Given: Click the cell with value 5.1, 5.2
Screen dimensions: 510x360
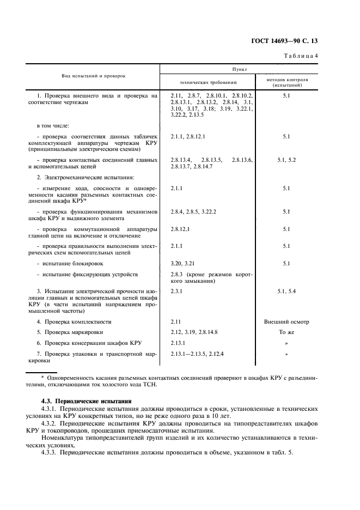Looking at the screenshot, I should tap(286, 160).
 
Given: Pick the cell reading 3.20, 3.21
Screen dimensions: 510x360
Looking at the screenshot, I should tap(182, 263).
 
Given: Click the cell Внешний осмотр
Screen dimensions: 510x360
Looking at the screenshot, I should tap(286, 321).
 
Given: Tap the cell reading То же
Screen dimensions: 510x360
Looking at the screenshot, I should tap(286, 332).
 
